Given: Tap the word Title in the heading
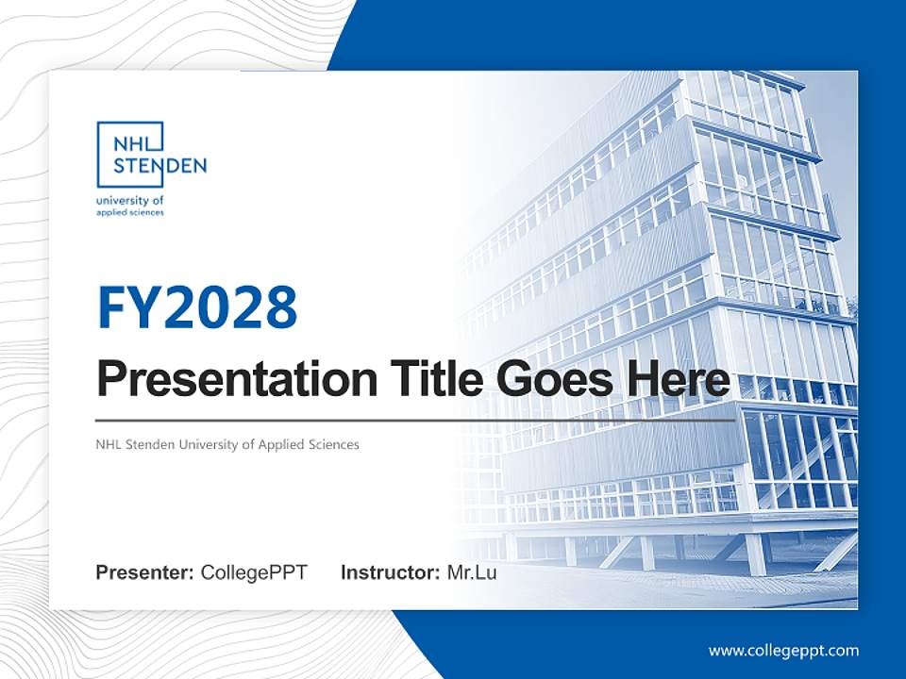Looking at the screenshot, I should tap(432, 379).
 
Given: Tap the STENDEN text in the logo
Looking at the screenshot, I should tap(159, 167).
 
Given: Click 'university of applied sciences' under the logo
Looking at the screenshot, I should tap(130, 207).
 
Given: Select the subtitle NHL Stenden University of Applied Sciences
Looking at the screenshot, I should tap(227, 444).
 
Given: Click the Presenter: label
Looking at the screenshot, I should tap(145, 572).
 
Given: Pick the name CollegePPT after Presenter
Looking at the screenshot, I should tap(254, 572).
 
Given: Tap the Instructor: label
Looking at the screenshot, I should tap(390, 572).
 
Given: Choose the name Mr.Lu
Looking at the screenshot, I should tap(471, 572).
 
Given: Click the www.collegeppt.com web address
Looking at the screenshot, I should tap(783, 650).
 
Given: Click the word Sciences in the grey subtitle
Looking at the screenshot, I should tap(334, 444).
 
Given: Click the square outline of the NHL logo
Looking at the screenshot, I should tap(98, 156).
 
